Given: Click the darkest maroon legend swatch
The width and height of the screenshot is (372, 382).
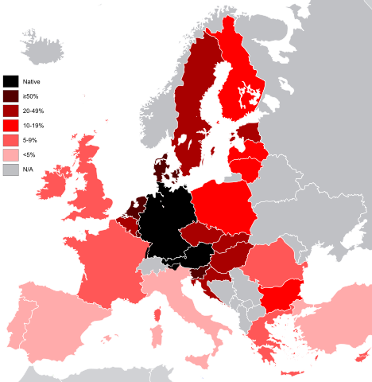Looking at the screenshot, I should (11, 96).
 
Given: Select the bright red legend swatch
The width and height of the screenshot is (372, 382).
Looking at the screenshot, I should (11, 126).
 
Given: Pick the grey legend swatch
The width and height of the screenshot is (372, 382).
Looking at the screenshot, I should (11, 170).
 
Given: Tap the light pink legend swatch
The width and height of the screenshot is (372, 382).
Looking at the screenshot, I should (11, 155).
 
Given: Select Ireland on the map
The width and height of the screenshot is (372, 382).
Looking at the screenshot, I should (51, 183).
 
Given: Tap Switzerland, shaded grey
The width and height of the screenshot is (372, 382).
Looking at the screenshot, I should (152, 266).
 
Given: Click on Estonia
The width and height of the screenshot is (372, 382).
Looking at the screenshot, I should (250, 131).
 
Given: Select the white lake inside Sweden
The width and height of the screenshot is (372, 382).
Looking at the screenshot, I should (184, 139).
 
